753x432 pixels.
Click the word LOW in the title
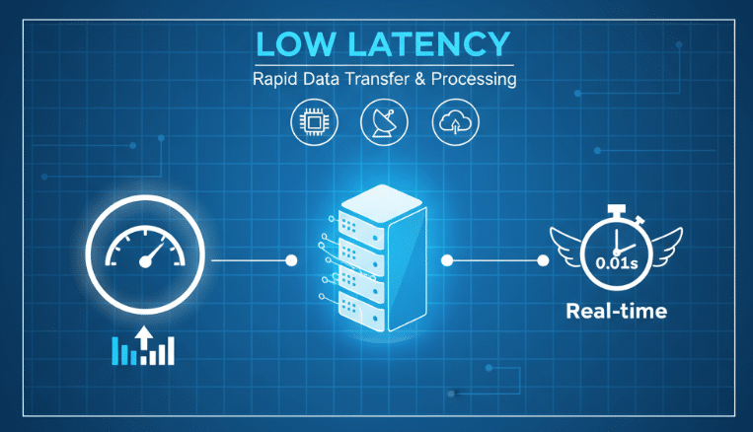pyautogui.click(x=293, y=45)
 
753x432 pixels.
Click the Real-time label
pyautogui.click(x=616, y=313)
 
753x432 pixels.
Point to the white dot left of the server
pyautogui.click(x=291, y=261)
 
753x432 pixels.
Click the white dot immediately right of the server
pyautogui.click(x=447, y=261)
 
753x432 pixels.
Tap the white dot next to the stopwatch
pyautogui.click(x=542, y=261)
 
